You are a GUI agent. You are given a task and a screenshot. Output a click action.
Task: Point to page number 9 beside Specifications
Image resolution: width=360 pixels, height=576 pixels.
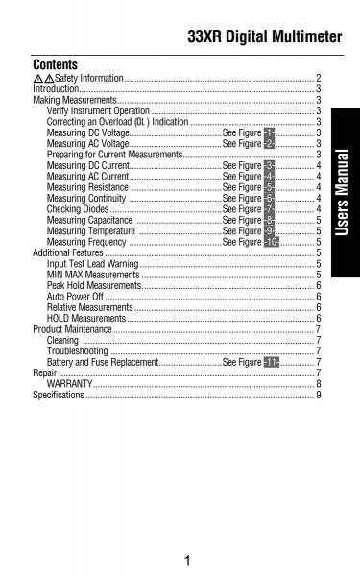click(x=318, y=395)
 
